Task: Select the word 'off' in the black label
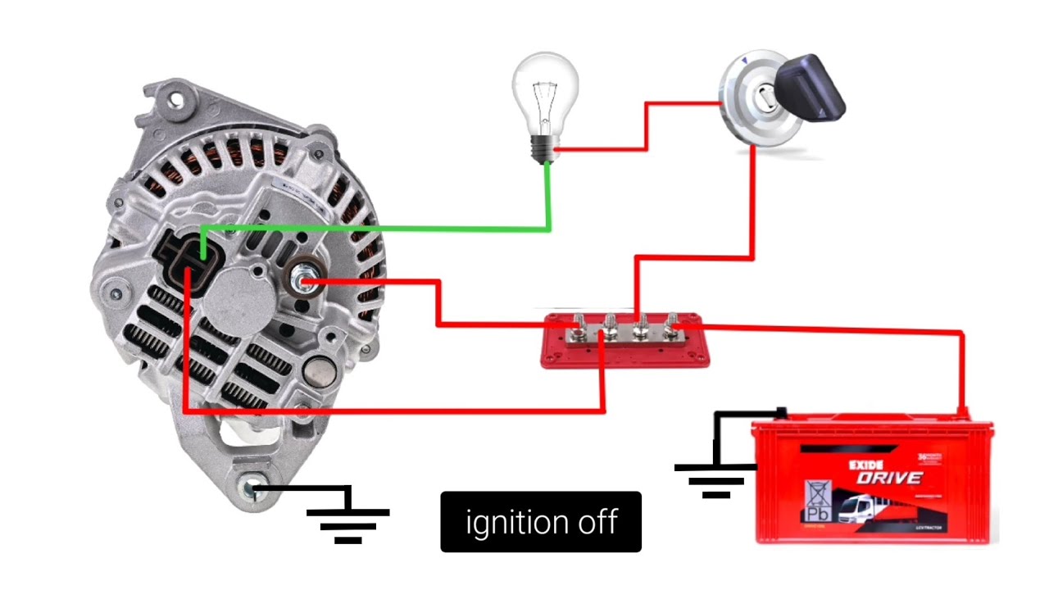[595, 521]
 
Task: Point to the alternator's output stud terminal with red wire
[302, 282]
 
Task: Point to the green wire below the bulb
[547, 197]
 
